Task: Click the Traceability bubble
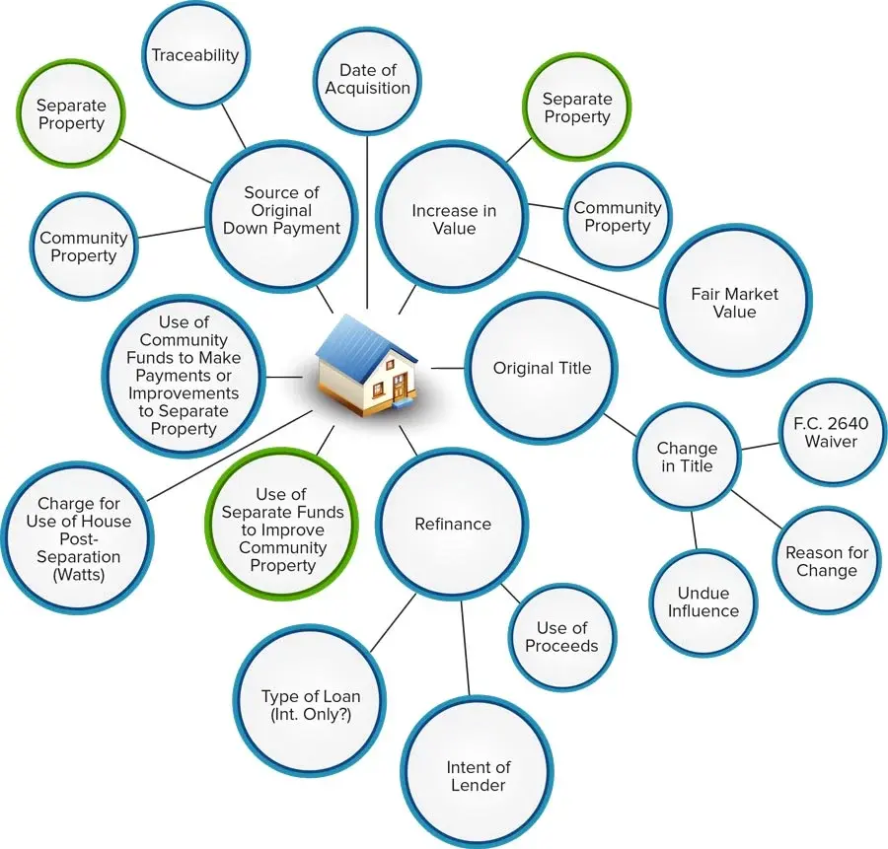pos(194,55)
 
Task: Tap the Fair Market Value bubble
pos(736,303)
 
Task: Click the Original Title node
pos(542,368)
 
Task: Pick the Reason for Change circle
pos(826,561)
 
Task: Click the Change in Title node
pos(687,458)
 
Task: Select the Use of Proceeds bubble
pos(561,636)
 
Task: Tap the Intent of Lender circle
pos(477,776)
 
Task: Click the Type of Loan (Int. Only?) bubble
pos(310,703)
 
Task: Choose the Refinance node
pos(453,524)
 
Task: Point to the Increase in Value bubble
pos(454,219)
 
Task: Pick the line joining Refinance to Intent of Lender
pos(467,651)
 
